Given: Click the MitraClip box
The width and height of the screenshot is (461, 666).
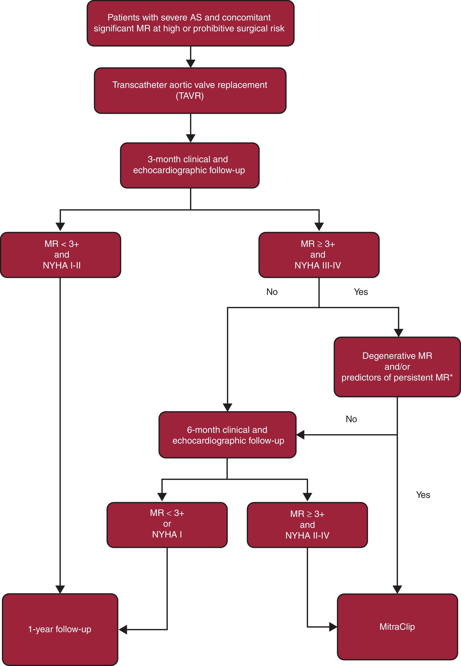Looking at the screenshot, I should click(x=397, y=627).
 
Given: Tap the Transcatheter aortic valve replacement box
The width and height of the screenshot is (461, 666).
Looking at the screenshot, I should click(x=190, y=90).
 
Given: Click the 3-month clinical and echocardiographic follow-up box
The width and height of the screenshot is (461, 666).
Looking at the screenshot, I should click(x=189, y=165).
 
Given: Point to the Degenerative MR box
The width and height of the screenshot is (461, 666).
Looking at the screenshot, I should click(x=397, y=367).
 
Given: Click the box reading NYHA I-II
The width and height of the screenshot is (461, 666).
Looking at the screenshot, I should click(x=61, y=255).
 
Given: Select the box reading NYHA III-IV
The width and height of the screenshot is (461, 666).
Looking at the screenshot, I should click(x=319, y=255).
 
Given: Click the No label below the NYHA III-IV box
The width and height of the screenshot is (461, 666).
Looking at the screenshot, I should click(x=272, y=292).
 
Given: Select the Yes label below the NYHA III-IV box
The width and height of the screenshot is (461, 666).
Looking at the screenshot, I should click(x=361, y=292).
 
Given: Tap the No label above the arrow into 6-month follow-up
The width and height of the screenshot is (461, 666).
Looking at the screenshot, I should click(x=351, y=419).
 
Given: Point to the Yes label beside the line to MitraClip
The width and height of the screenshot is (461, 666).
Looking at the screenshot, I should click(x=423, y=495).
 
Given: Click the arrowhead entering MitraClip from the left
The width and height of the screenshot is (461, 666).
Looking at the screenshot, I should click(x=333, y=627).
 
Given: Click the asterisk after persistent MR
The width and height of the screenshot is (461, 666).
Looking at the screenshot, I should click(x=451, y=376).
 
